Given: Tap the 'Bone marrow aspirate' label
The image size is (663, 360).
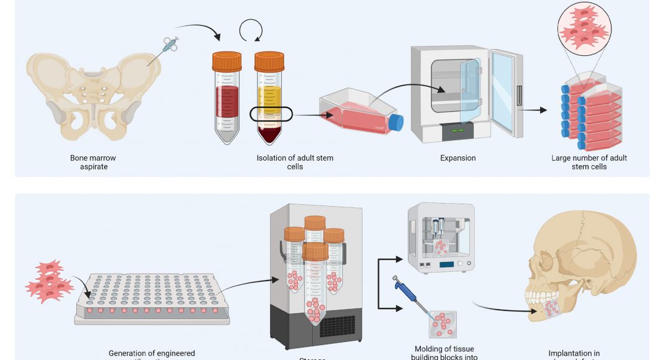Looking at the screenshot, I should [93, 162].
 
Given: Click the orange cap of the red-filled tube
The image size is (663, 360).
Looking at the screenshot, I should [227, 61].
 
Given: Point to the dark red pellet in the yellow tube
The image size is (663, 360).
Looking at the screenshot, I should [269, 132].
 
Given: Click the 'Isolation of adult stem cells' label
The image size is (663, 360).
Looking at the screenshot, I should [295, 162].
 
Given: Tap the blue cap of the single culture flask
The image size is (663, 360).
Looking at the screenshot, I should [395, 122].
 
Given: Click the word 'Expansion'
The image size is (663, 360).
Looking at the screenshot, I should [458, 158].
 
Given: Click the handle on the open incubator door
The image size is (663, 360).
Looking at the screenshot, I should [519, 96].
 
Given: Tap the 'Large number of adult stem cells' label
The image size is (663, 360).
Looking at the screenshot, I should [589, 162].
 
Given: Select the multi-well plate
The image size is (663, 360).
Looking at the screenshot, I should [152, 298].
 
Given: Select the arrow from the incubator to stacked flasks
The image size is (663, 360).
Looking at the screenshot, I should [534, 110].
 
